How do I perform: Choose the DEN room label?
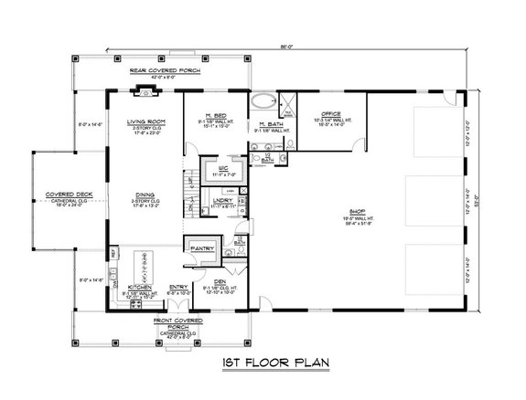(220, 281)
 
